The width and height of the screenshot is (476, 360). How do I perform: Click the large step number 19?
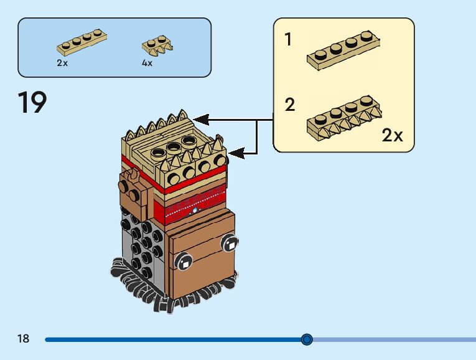pos(32,103)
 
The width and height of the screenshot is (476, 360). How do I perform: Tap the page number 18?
pos(24,339)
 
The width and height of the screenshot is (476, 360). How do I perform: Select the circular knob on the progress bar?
pos(306,339)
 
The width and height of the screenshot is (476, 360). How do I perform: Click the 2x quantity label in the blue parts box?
pos(62,63)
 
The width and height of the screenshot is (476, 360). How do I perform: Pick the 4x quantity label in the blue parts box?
pos(147,63)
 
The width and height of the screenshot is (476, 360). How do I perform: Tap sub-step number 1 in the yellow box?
pos(288,40)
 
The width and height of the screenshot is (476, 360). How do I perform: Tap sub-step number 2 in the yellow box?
pos(289,105)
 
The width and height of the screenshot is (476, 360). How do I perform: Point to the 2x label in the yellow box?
pos(392,136)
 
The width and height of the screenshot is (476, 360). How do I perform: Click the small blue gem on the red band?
pos(195,211)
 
